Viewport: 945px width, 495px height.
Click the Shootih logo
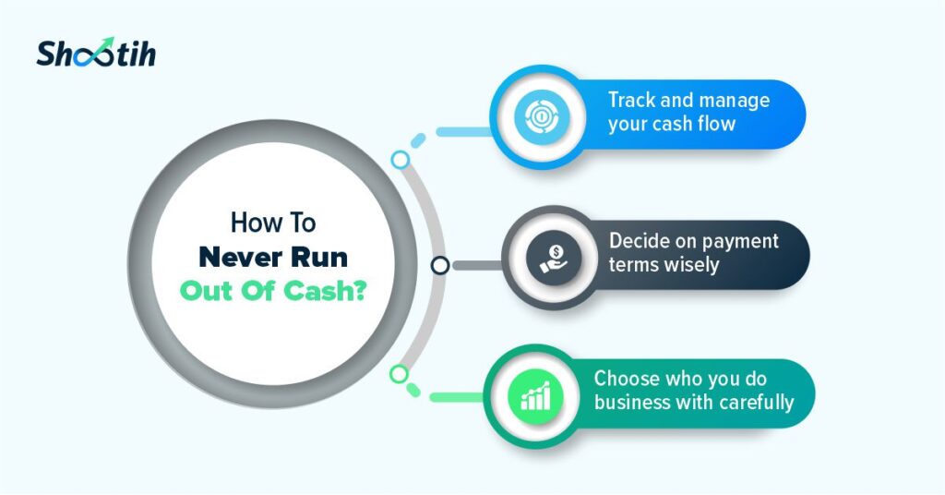pyautogui.click(x=96, y=52)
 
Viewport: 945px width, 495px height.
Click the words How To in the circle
pyautogui.click(x=273, y=223)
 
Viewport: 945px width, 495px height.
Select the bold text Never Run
pyautogui.click(x=273, y=258)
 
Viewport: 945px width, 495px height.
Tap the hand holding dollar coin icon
pyautogui.click(x=554, y=258)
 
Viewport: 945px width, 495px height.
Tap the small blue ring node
pyautogui.click(x=401, y=159)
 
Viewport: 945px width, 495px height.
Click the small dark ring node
pyautogui.click(x=440, y=265)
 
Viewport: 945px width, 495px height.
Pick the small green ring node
pyautogui.click(x=399, y=374)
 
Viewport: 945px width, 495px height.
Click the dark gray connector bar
pyautogui.click(x=478, y=265)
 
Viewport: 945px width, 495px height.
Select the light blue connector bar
pyautogui.click(x=464, y=131)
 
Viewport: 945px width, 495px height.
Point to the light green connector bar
pyautogui.click(x=457, y=397)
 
